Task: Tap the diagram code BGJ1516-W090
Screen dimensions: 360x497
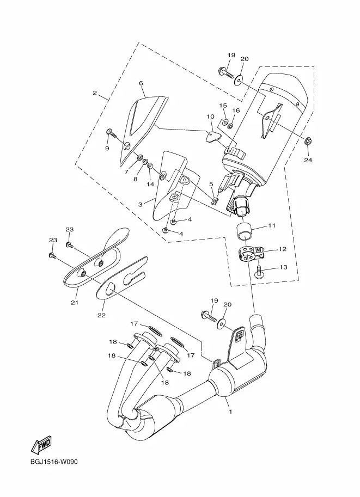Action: (54, 462)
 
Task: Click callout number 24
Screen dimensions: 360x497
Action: (308, 160)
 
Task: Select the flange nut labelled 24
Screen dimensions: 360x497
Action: (307, 141)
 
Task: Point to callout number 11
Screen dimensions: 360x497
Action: (272, 226)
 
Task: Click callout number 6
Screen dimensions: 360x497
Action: (141, 83)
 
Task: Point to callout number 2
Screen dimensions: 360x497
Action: (95, 93)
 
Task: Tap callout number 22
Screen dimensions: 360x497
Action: (101, 315)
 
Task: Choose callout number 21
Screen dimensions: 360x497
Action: (74, 303)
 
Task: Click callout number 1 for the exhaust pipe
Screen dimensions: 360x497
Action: (230, 412)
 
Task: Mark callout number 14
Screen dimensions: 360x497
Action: (150, 184)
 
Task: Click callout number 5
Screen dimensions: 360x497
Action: (211, 184)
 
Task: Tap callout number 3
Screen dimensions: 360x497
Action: (141, 205)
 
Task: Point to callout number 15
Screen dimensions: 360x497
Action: (223, 105)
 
